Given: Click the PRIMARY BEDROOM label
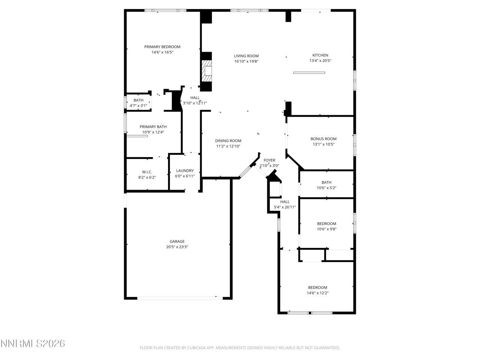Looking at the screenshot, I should tap(162, 47).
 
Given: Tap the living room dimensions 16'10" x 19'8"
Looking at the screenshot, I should tap(246, 61).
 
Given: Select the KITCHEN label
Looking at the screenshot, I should tap(320, 55).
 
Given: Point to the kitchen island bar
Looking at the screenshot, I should tap(309, 73).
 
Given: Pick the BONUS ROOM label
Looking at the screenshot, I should tap(323, 139).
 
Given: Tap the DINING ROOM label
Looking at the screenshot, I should tap(228, 141).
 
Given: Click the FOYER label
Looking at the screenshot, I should tap(269, 160).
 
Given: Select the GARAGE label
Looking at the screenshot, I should tap(177, 241).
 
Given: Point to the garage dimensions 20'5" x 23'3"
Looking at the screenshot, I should tap(177, 247).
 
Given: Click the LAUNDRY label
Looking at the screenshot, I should tap(185, 171).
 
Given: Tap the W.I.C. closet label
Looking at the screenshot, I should tap(147, 172).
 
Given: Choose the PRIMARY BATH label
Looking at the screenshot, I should tap(153, 127).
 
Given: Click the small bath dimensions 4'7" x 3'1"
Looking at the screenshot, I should tap(138, 106).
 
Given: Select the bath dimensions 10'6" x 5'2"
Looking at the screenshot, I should tap(326, 188).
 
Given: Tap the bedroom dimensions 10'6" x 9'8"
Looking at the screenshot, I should tap(327, 229).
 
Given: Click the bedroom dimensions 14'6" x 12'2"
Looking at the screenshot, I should tap(318, 293).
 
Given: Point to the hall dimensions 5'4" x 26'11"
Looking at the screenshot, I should tap(285, 207).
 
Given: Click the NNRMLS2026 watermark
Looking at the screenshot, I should tap(33, 343).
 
